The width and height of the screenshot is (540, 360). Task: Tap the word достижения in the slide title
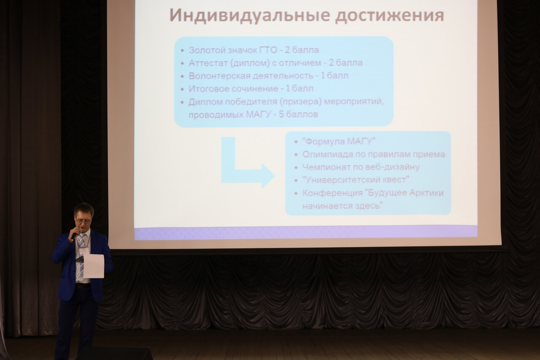(389, 16)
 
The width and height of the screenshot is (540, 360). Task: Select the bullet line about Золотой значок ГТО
(254, 50)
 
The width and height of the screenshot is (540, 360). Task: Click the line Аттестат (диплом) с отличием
(275, 63)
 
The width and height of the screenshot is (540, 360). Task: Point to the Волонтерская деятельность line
(268, 76)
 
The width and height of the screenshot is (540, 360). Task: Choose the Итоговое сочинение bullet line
(251, 89)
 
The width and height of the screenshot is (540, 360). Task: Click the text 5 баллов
(298, 114)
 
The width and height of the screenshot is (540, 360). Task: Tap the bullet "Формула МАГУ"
(339, 141)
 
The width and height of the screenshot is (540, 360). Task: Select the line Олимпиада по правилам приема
(373, 154)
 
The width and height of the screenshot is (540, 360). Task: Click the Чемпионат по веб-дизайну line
(361, 167)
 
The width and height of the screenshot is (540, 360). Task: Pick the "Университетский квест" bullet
(356, 180)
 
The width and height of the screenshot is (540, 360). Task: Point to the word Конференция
(332, 193)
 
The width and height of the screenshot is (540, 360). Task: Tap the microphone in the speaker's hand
(75, 234)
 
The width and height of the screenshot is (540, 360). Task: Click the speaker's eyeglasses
(84, 220)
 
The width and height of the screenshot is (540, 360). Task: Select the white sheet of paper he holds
(94, 266)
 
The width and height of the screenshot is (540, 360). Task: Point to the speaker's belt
(83, 285)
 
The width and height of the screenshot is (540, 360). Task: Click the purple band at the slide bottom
(305, 233)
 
